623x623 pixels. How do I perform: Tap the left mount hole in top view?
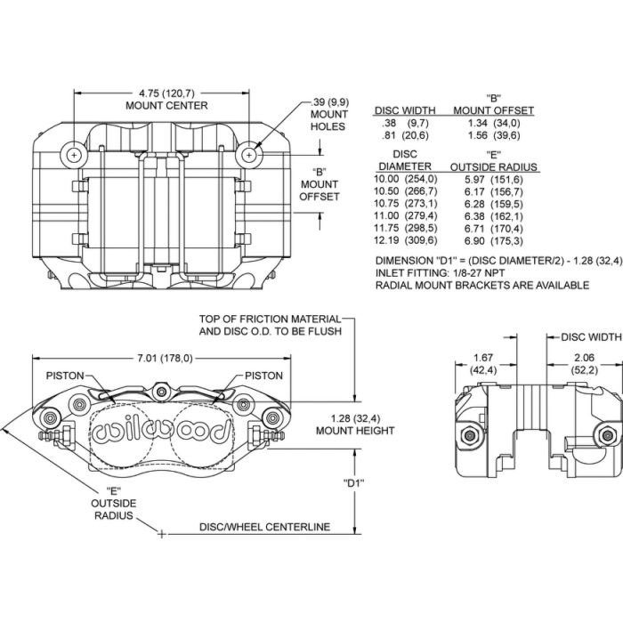(x=73, y=154)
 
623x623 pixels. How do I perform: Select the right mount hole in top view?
(x=251, y=154)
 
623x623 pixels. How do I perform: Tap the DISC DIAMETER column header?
(x=405, y=160)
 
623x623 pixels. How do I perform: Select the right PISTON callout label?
(x=263, y=376)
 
